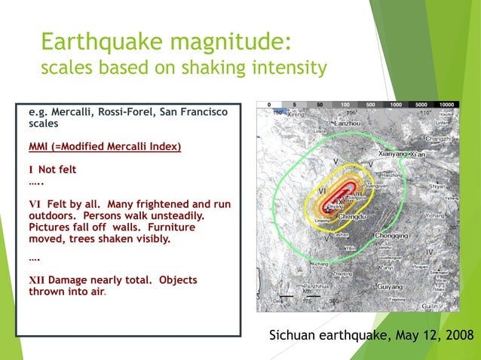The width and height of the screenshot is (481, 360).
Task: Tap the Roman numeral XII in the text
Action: [x=36, y=280]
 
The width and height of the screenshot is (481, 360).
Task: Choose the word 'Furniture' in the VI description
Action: [x=171, y=227]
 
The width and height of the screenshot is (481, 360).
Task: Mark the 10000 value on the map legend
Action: [x=446, y=105]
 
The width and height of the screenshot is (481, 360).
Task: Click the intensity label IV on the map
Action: [x=429, y=251]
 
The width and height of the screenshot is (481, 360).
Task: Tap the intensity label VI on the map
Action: [x=322, y=191]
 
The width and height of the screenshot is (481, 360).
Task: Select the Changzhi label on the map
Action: [x=440, y=139]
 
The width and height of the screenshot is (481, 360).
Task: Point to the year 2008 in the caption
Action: [x=457, y=334]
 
